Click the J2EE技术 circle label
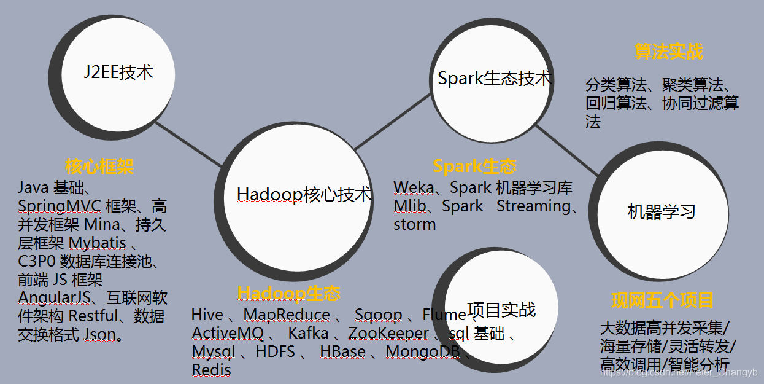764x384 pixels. pos(118,72)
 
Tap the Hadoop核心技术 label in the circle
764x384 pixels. pos(304,194)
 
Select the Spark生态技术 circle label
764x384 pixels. pos(495,79)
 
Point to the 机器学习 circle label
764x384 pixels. pos(662,212)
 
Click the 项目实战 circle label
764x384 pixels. pos(501,310)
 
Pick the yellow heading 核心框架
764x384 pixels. pos(99,167)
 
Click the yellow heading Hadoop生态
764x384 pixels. pos(289,293)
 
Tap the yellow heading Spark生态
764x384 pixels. pos(474,167)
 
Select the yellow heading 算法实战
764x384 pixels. pos(669,52)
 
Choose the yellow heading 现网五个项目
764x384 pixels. pos(663,300)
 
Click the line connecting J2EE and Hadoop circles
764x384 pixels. pos(188,144)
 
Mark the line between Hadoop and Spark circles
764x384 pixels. pos(393,122)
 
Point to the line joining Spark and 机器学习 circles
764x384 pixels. pos(568,152)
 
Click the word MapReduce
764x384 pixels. pos(287,315)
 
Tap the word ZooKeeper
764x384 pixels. pos(388,334)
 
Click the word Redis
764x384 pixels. pos(211,370)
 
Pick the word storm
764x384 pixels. pos(414,224)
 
